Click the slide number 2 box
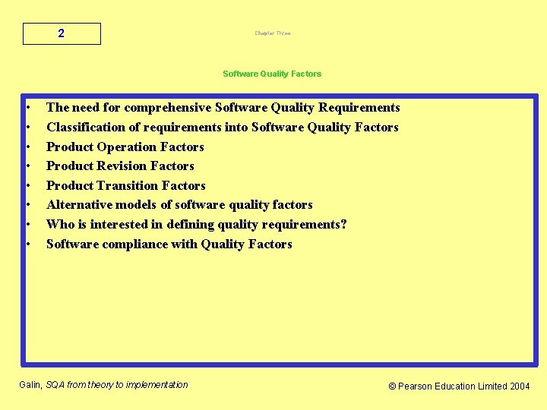tap(62, 34)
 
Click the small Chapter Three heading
tap(273, 33)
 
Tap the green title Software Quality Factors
tap(272, 74)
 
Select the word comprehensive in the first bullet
tap(168, 108)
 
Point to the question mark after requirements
tap(343, 225)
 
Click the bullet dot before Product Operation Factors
tap(27, 147)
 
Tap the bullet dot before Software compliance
tap(27, 244)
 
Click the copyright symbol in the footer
tap(392, 386)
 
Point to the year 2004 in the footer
tap(520, 386)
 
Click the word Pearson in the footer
tap(416, 386)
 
